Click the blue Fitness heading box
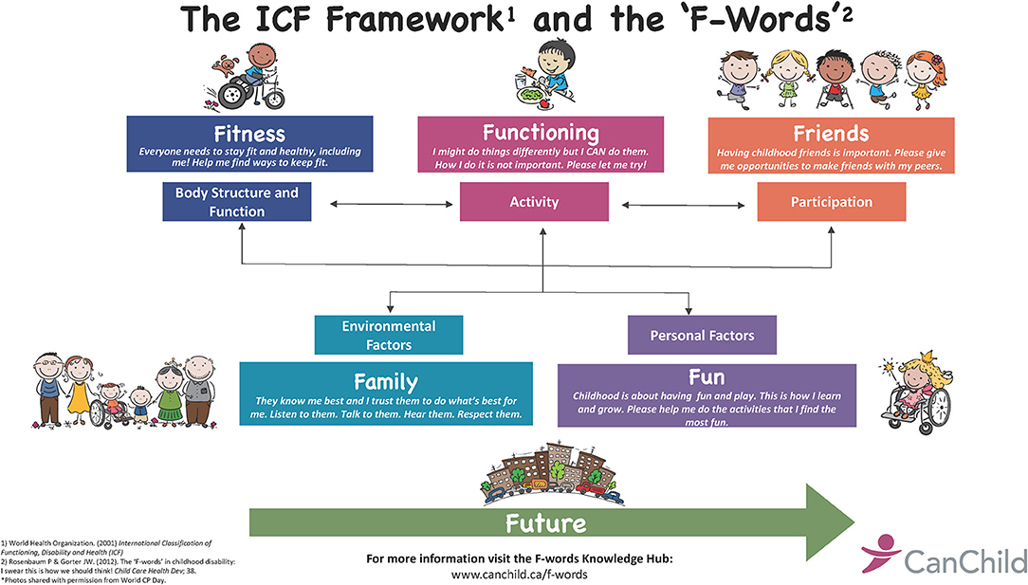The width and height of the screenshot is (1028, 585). tap(249, 144)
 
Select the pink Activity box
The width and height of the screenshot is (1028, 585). tap(534, 202)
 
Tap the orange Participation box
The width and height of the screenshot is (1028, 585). tap(832, 202)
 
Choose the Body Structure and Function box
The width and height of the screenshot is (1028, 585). tap(237, 202)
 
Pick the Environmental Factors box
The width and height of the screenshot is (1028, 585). tap(389, 335)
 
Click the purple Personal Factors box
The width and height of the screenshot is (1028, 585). tap(702, 335)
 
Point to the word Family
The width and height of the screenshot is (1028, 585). tap(385, 382)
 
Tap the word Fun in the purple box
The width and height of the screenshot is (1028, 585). tap(707, 377)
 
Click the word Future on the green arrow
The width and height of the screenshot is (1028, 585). tap(545, 523)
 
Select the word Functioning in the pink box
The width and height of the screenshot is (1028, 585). tap(541, 133)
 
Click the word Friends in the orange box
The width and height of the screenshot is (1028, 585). tap(832, 134)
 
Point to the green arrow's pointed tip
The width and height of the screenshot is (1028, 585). tap(854, 522)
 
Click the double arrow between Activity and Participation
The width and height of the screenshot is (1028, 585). tap(683, 206)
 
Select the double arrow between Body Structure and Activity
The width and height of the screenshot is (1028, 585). tap(392, 204)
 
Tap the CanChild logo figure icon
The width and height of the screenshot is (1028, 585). tap(879, 553)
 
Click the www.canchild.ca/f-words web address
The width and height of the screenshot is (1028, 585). tap(520, 575)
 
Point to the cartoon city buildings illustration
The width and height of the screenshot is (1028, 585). tap(554, 473)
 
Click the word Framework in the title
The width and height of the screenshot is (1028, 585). tap(415, 19)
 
